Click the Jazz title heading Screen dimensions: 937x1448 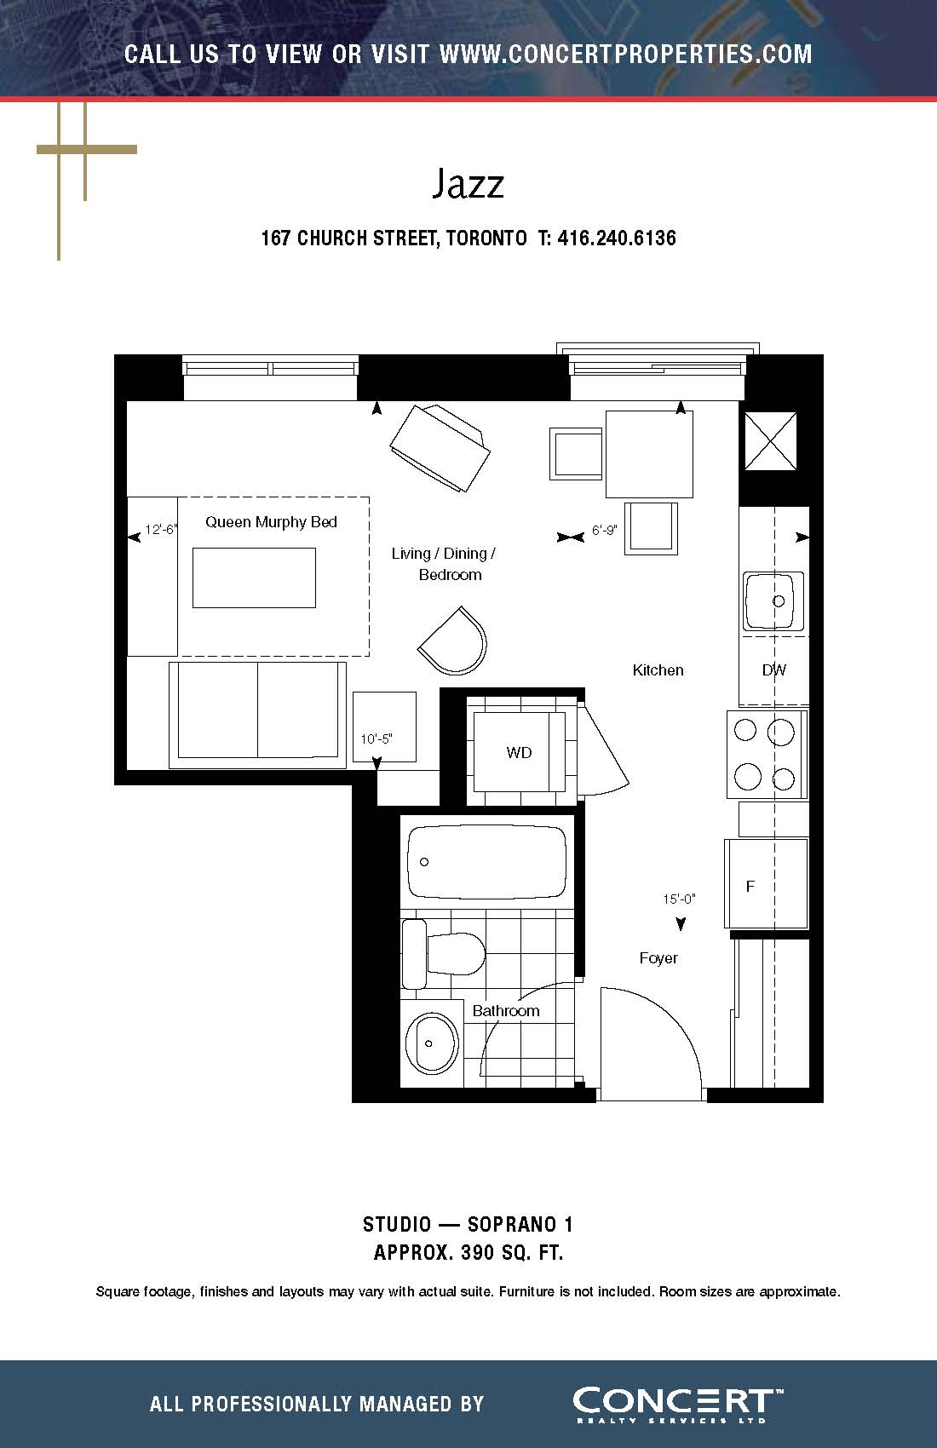(468, 184)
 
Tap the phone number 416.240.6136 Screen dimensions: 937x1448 (616, 238)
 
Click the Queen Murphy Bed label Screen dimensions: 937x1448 (271, 522)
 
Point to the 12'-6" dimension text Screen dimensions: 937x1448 (161, 530)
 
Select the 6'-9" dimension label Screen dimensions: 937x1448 (605, 530)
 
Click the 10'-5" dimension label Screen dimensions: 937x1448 (377, 738)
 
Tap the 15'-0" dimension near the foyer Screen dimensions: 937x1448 (679, 899)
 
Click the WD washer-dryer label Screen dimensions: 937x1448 (520, 752)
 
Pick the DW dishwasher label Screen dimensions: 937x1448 (774, 670)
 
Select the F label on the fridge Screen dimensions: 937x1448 (750, 886)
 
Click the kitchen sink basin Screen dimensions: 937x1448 (773, 600)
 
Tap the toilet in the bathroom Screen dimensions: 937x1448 (444, 953)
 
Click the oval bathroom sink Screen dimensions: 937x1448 (431, 1043)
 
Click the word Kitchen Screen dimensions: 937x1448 (658, 670)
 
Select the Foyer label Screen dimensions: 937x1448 (658, 958)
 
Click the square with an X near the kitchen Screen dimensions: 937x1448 (770, 441)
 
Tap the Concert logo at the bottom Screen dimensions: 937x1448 (678, 1405)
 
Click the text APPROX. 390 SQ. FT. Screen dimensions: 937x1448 (468, 1252)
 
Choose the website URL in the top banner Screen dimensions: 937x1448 (625, 55)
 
